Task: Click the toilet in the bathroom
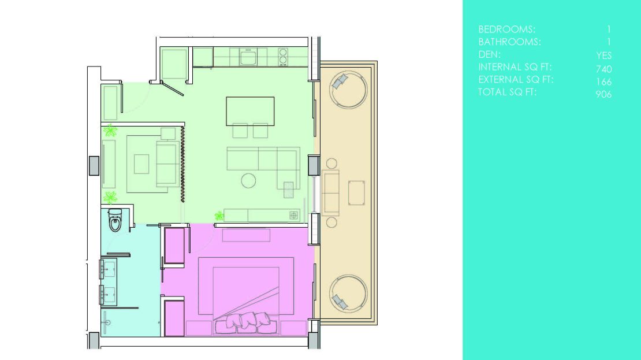coord(115,220)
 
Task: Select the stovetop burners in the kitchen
coord(283,57)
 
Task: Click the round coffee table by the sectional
coord(248,180)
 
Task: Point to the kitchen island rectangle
coord(250,111)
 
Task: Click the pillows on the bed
coord(245,322)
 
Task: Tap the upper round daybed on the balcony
coord(348,89)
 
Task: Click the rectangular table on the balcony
coord(356,192)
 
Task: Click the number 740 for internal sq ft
coord(603,69)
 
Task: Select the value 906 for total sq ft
coord(603,94)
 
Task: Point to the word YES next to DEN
coord(604,55)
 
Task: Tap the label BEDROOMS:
coord(506,29)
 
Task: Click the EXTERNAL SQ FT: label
coord(516,79)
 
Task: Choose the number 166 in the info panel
coord(604,81)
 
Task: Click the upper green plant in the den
coord(110,131)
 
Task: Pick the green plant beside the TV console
coord(219,216)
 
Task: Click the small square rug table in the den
coord(141,164)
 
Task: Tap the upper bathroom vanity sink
coord(109,269)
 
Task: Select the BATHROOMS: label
coord(509,42)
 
